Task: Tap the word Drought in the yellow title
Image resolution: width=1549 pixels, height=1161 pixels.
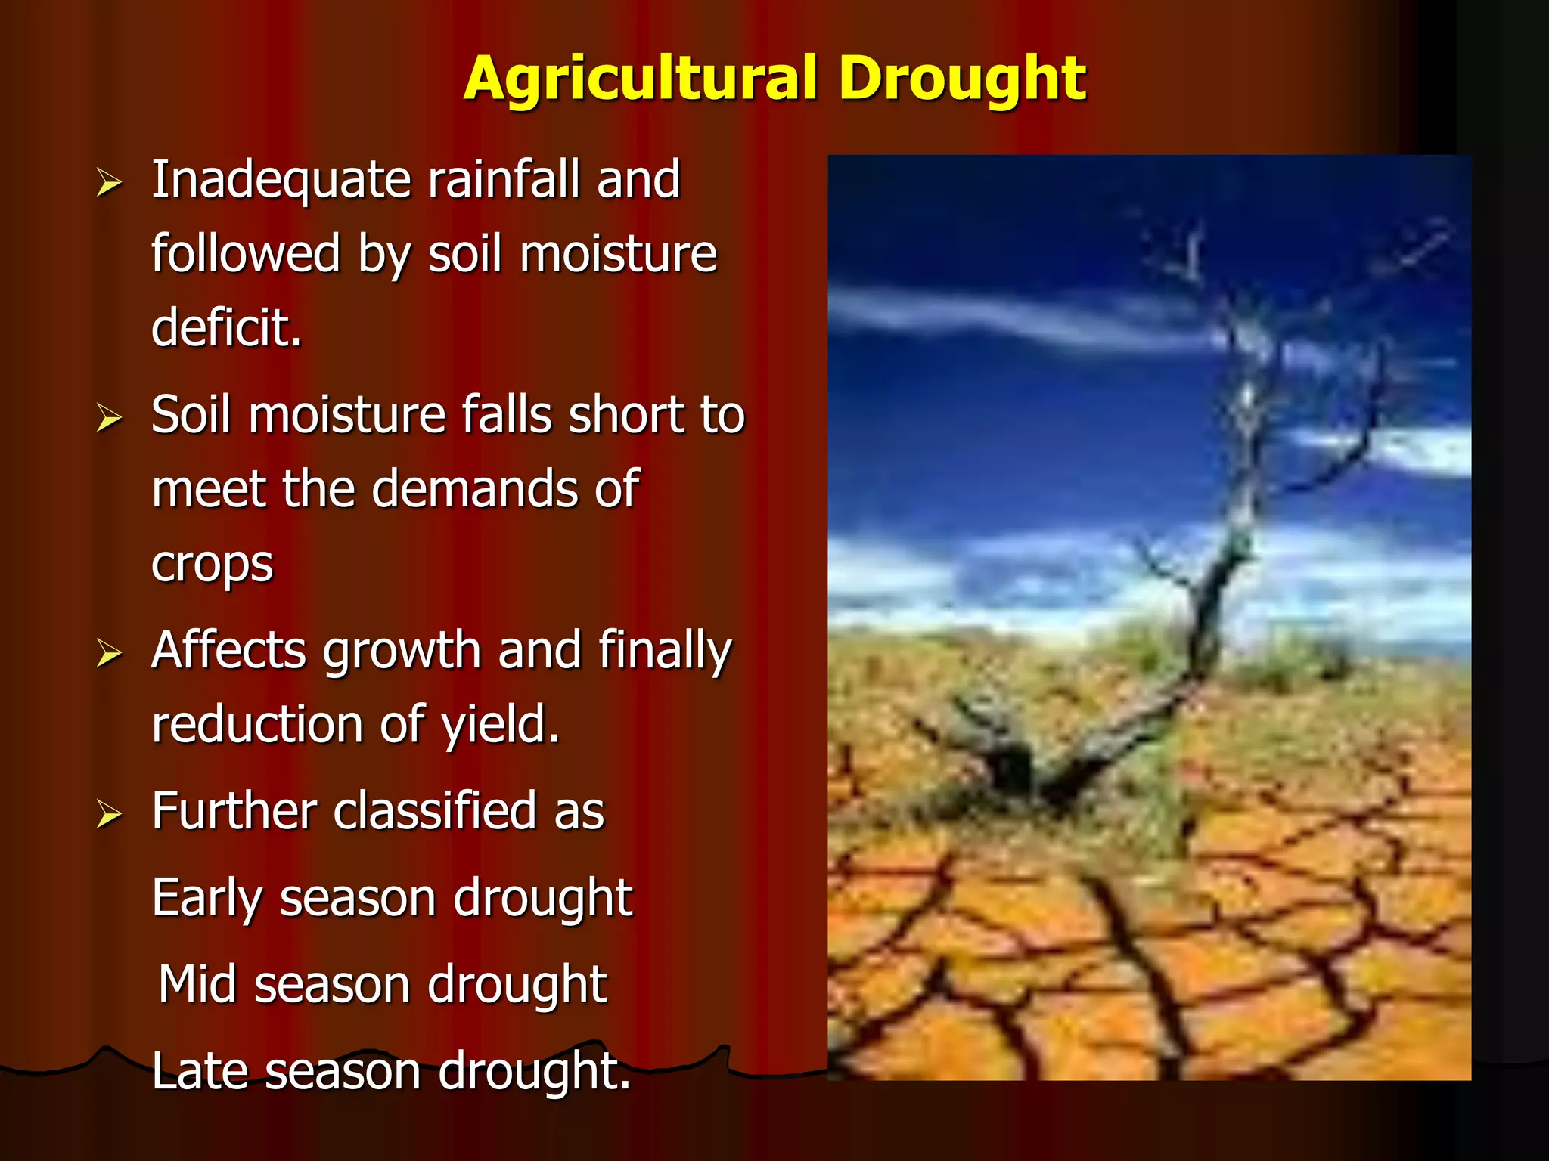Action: tap(962, 79)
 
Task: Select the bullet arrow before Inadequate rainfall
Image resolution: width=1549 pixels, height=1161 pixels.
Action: tap(109, 183)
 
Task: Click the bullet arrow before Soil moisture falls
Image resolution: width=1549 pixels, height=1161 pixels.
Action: tap(109, 418)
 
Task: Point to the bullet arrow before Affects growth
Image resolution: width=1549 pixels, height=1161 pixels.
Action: tap(109, 653)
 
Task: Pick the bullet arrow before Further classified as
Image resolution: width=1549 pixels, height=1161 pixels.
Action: tap(109, 814)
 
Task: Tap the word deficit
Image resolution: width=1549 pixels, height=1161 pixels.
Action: tap(225, 328)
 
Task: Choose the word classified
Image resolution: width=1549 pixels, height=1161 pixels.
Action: tap(434, 812)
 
